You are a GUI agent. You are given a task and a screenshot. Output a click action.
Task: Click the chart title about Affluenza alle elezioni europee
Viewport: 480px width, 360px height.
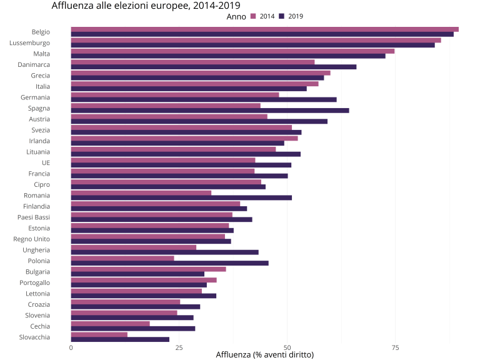137,6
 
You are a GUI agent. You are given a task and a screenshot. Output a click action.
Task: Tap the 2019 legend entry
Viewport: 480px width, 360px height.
291,16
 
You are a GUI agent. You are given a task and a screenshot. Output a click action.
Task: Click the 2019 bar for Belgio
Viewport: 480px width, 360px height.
262,34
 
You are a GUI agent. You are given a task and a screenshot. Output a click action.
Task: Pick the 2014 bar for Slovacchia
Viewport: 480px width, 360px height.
99,334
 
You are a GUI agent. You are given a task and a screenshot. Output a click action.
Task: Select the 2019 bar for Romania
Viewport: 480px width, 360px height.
181,197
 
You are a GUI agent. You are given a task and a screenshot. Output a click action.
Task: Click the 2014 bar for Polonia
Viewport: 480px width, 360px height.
122,258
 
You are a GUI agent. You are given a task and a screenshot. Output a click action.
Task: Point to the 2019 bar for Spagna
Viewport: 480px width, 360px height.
210,111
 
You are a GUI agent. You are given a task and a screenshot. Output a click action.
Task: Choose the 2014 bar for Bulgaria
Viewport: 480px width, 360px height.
149,269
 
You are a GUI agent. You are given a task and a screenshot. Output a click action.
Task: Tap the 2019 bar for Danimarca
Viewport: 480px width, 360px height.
214,67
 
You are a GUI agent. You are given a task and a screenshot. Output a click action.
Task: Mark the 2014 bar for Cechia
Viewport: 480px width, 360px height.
111,324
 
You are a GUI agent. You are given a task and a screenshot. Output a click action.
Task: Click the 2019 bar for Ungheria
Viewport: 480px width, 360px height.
165,252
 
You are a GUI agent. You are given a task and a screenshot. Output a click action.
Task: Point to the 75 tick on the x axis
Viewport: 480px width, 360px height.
395,347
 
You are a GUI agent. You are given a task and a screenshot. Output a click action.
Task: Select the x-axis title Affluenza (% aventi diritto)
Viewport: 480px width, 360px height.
264,355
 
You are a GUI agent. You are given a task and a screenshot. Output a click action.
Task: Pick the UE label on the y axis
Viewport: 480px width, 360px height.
46,162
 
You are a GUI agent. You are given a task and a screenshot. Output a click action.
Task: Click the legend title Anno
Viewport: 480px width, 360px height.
236,17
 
